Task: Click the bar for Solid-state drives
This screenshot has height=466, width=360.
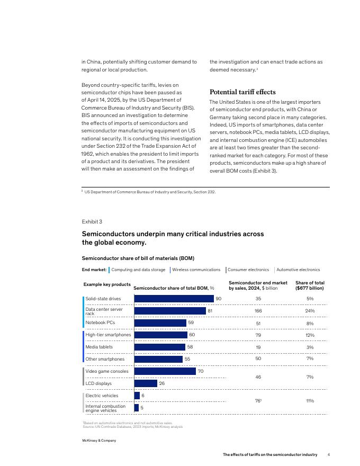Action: click(x=174, y=299)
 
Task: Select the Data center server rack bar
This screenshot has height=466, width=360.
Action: click(x=170, y=311)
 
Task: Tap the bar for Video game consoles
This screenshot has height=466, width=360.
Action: click(x=165, y=371)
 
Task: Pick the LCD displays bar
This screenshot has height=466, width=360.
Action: click(x=146, y=383)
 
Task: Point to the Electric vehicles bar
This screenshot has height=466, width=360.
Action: click(x=137, y=396)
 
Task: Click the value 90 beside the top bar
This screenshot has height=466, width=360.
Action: click(x=218, y=299)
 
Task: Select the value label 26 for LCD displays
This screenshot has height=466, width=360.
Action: click(x=161, y=383)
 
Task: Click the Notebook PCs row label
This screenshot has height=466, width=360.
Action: click(x=100, y=322)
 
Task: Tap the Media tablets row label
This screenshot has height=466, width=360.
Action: click(x=99, y=347)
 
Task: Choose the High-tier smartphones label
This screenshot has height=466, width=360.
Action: click(x=108, y=335)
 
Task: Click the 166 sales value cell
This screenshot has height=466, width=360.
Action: click(x=258, y=311)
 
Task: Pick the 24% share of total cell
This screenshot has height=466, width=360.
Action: click(x=310, y=311)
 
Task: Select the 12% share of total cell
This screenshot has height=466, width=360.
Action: click(x=310, y=335)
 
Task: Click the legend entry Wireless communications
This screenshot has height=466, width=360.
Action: click(x=196, y=270)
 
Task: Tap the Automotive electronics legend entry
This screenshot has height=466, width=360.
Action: click(x=298, y=270)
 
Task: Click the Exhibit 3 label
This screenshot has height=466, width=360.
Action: click(x=92, y=221)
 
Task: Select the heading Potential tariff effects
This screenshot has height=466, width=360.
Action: click(x=242, y=92)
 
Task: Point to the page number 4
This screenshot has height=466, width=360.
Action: click(x=329, y=454)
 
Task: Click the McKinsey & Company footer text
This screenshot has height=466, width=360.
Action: click(x=99, y=441)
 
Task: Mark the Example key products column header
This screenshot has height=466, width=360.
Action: click(x=107, y=284)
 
